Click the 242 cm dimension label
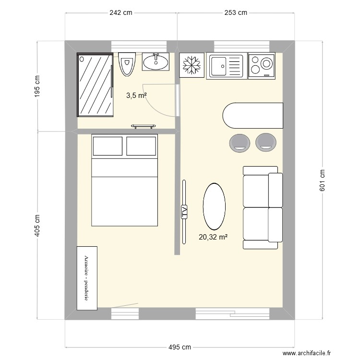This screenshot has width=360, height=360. click(x=120, y=13)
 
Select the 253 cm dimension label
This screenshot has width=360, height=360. click(x=236, y=13)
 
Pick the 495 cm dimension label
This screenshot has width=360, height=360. click(x=180, y=347)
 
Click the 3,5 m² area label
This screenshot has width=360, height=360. click(x=136, y=96)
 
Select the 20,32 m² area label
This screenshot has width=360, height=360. click(x=213, y=236)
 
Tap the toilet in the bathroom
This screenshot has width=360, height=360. click(x=127, y=63)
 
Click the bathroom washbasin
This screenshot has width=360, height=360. click(x=156, y=61)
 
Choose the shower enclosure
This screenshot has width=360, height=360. click(x=96, y=84)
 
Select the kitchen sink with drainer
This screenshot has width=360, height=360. click(x=226, y=66)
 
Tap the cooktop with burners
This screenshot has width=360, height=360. click(x=262, y=65)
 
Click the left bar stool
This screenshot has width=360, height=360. click(x=240, y=142)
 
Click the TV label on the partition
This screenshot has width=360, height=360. click(x=184, y=212)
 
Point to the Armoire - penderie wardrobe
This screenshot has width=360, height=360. click(x=86, y=277)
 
